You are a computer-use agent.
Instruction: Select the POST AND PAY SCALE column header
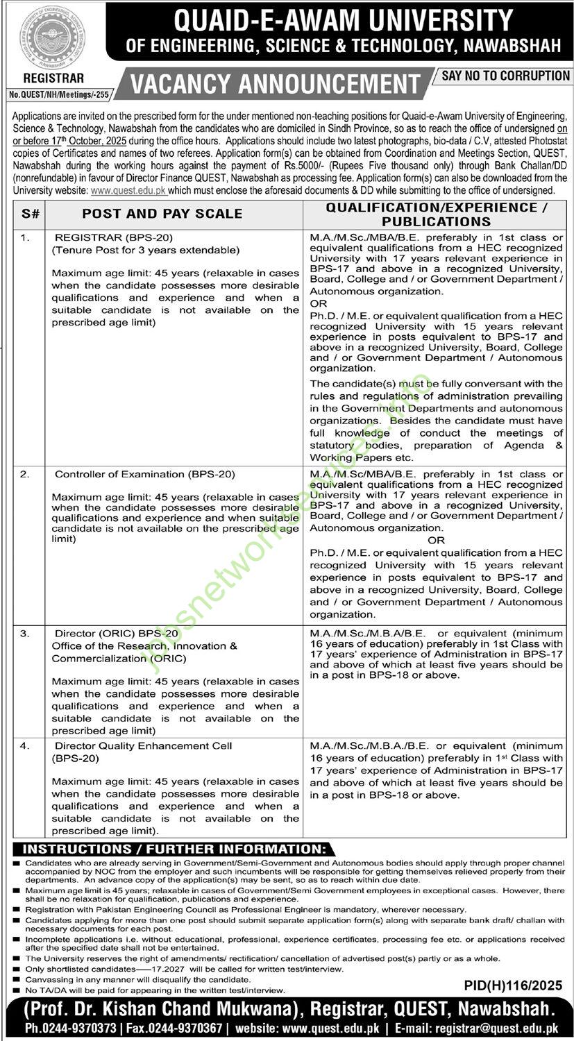coord(162,214)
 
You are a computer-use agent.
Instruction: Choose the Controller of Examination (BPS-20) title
coord(144,475)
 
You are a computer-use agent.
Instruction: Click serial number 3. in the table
coord(25,634)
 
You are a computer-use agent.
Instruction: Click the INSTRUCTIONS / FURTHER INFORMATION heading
coord(174,849)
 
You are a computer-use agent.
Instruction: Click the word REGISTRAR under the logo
coord(44,79)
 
